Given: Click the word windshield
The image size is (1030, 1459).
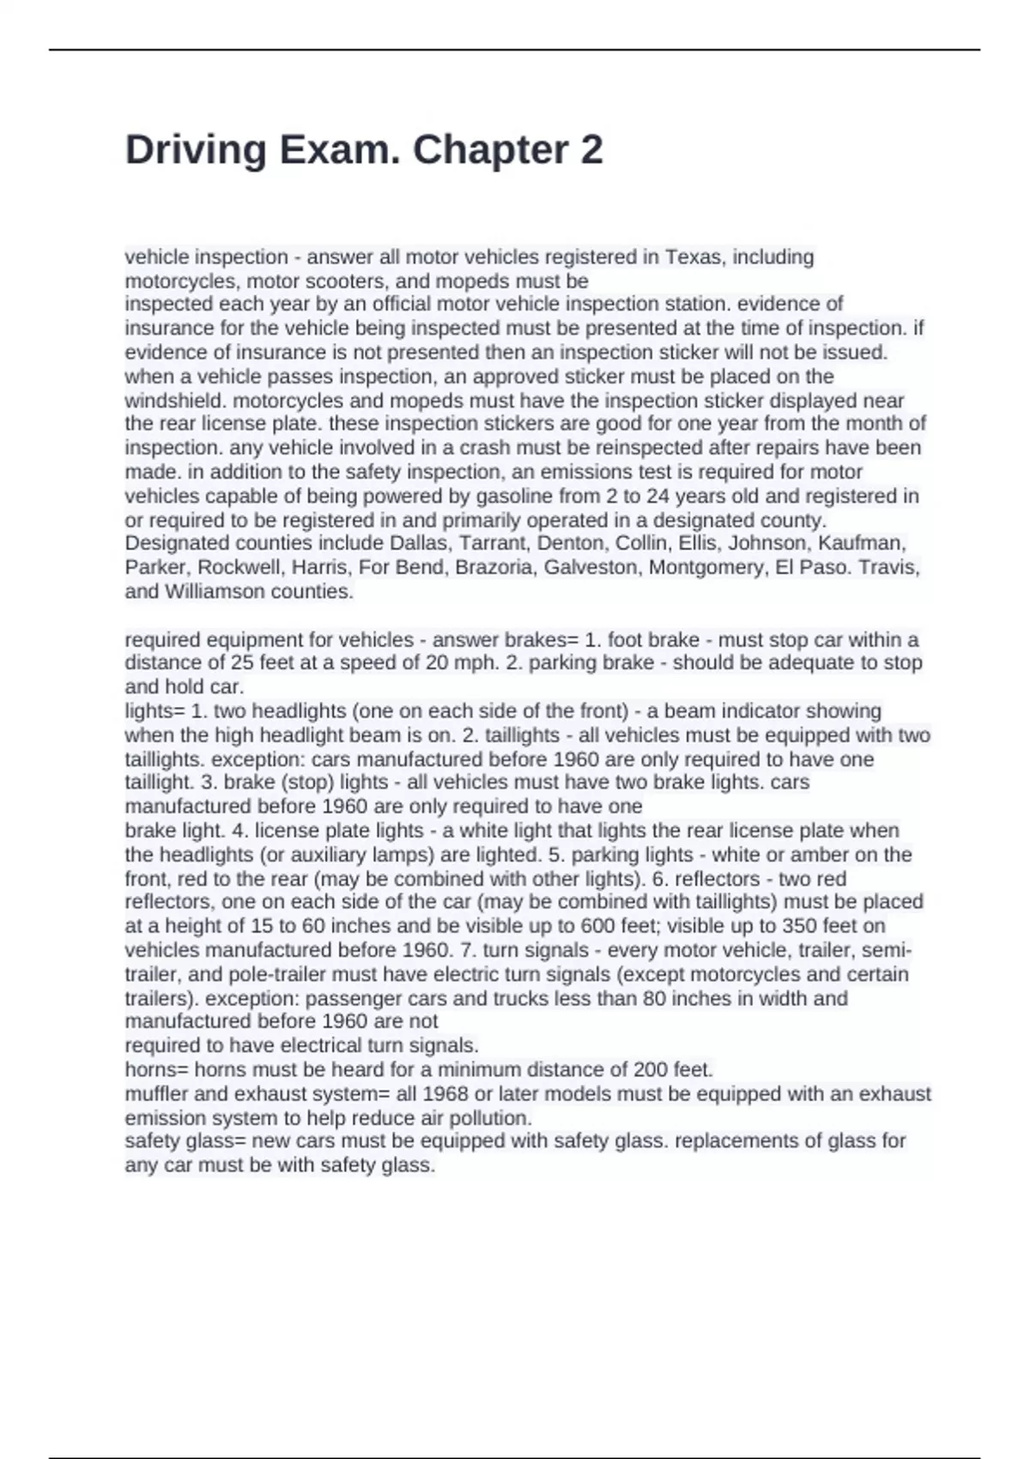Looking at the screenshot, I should click(x=176, y=400).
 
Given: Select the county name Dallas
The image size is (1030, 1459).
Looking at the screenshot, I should click(x=419, y=543).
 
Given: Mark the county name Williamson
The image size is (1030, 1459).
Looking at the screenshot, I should click(x=215, y=591).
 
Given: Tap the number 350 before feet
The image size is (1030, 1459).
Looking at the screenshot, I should click(x=799, y=926).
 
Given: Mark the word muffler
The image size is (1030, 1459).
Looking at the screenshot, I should click(x=156, y=1094).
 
